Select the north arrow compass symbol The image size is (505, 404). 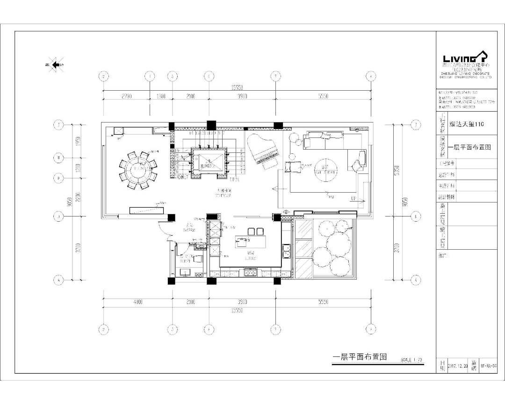tap(55, 65)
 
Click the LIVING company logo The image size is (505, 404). tap(465, 58)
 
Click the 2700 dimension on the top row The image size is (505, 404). tap(126, 96)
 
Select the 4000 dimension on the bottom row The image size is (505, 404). tap(137, 302)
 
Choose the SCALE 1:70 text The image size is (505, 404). tap(411, 360)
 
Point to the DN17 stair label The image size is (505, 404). tap(183, 177)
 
